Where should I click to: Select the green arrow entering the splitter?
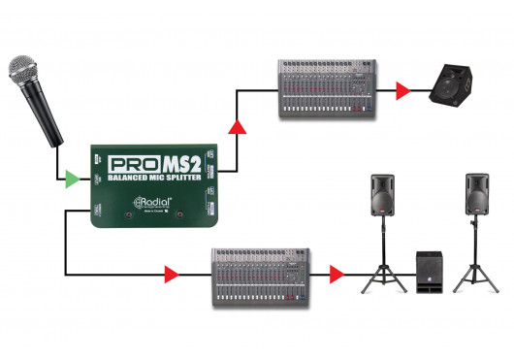(71, 179)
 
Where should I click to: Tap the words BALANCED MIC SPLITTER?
(155, 179)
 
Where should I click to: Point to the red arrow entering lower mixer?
(172, 276)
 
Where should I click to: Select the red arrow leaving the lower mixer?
(337, 276)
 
